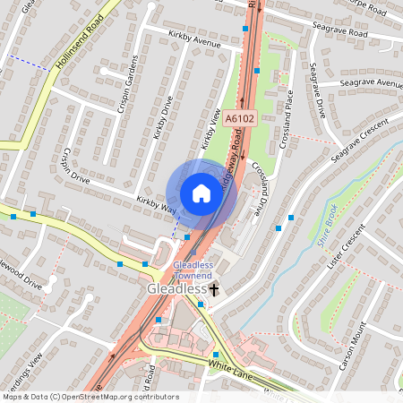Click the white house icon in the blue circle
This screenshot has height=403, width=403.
[201, 193]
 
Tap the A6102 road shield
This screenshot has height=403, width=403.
[241, 117]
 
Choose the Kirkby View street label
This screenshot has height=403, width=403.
[210, 129]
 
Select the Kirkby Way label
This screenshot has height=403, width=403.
[155, 203]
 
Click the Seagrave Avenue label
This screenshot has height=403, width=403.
[371, 83]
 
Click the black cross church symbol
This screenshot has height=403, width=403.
[214, 290]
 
